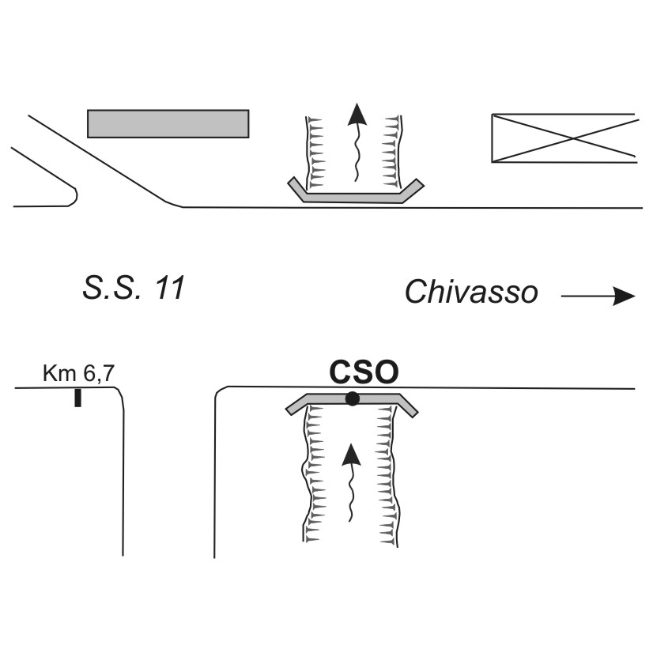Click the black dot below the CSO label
(x=352, y=399)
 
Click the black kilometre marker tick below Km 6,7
(x=77, y=398)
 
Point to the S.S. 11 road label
(x=134, y=288)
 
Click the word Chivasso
(x=471, y=293)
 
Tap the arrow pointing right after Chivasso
(x=598, y=296)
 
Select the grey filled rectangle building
(x=168, y=123)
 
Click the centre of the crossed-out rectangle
(x=563, y=138)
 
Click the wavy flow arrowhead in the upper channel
(x=358, y=115)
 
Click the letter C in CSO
(x=340, y=372)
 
